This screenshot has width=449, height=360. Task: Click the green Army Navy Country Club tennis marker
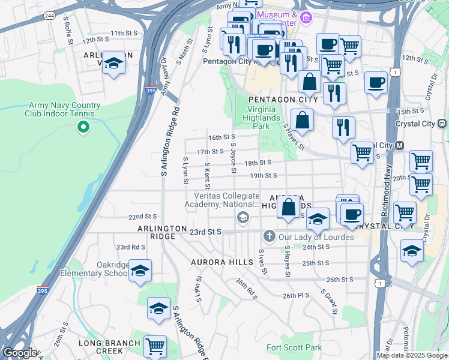pyautogui.click(x=83, y=127)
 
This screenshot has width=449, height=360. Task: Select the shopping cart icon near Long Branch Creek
pyautogui.click(x=155, y=346)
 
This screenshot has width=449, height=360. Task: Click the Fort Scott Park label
pyautogui.click(x=294, y=347)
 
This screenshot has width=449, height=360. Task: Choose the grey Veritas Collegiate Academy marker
pyautogui.click(x=243, y=217)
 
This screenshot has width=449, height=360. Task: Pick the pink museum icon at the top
pyautogui.click(x=306, y=16)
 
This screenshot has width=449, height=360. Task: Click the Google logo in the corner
pyautogui.click(x=19, y=353)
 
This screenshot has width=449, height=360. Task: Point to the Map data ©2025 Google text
pyautogui.click(x=412, y=355)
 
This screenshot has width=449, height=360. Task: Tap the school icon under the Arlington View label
pyautogui.click(x=113, y=64)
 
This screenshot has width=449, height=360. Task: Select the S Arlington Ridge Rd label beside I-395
pyautogui.click(x=170, y=142)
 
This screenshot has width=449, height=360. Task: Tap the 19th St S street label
pyautogui.click(x=264, y=176)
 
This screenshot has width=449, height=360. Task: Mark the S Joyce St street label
pyautogui.click(x=232, y=154)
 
